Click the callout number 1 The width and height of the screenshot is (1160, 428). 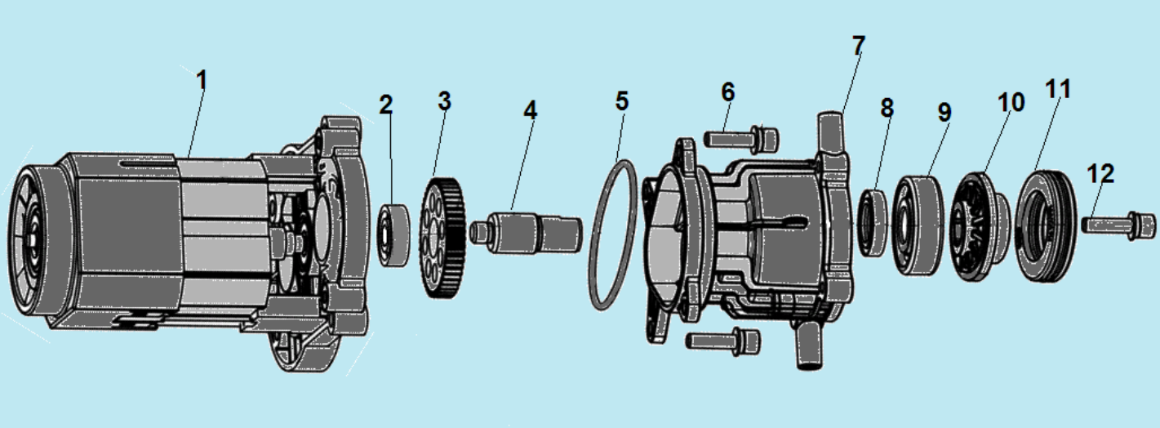pyautogui.click(x=202, y=82)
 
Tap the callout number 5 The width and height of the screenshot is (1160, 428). pyautogui.click(x=622, y=102)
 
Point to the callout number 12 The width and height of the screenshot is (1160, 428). pyautogui.click(x=1100, y=174)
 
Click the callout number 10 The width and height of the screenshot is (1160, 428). pyautogui.click(x=1011, y=102)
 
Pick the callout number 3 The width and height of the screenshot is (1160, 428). pyautogui.click(x=443, y=101)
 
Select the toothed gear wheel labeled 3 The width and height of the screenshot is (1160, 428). pyautogui.click(x=444, y=238)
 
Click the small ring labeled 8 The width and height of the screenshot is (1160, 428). pyautogui.click(x=874, y=221)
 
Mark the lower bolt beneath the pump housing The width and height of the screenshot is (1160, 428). pyautogui.click(x=722, y=340)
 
